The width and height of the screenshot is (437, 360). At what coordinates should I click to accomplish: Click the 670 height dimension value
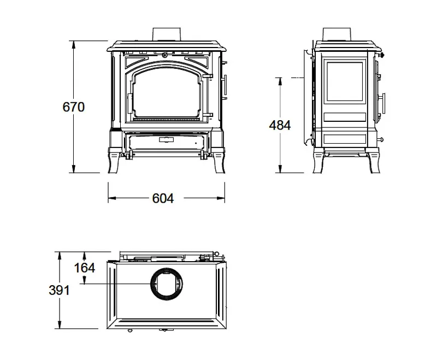pos(74,107)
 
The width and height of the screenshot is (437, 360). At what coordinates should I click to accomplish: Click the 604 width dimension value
pos(163,198)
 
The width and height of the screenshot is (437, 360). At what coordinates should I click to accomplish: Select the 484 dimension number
pos(280,125)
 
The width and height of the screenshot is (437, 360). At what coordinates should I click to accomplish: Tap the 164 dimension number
pos(85,268)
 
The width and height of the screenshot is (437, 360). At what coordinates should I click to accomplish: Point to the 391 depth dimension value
pos(59,290)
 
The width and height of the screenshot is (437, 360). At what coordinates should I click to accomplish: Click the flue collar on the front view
pos(167,34)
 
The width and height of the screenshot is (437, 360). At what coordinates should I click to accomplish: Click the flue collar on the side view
pos(336,34)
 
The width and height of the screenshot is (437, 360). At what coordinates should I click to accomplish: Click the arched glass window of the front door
pos(167,93)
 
